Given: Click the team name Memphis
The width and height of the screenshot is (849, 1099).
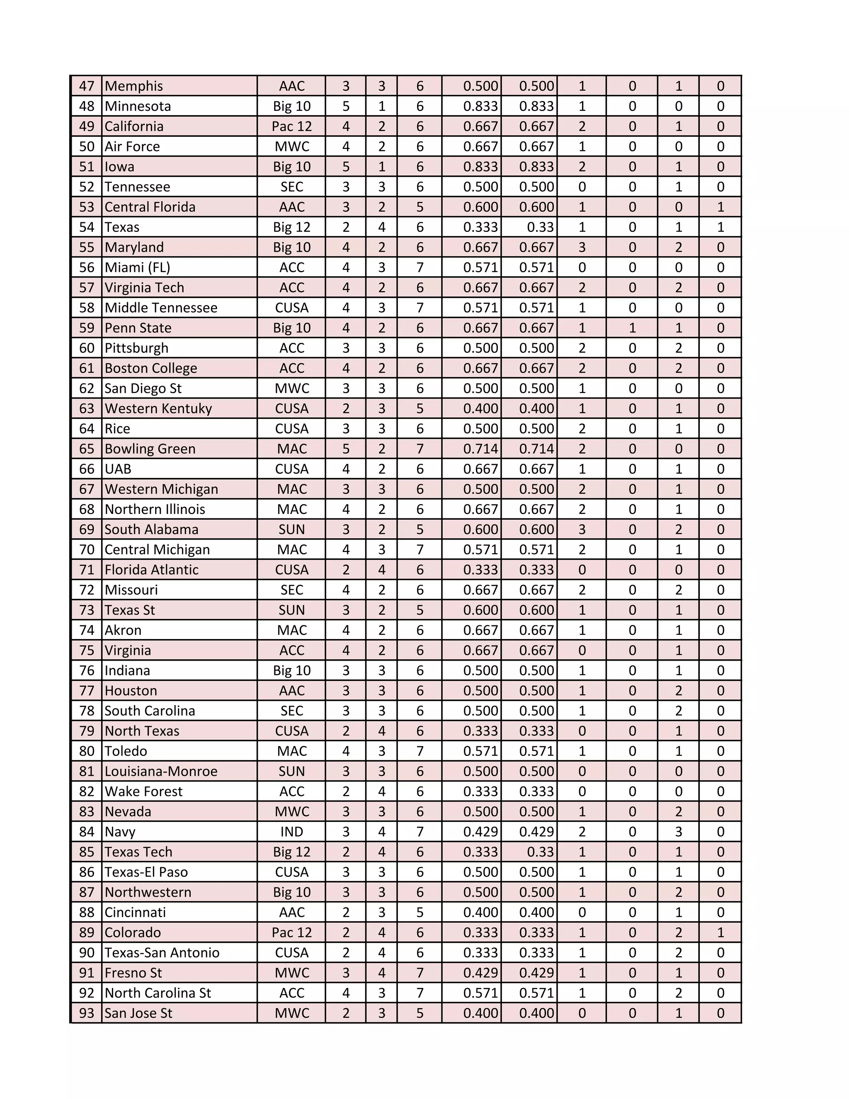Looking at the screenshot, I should coord(134,86).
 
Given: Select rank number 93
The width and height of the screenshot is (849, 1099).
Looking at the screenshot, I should coord(87,1013).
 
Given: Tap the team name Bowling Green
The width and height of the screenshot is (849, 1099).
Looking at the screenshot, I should coord(150,449).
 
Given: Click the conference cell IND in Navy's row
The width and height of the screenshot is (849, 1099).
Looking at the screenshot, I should coord(292,832).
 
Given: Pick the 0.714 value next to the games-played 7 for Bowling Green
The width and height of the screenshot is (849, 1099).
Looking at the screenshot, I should coord(480,449).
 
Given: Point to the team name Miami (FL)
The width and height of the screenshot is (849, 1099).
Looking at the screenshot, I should coord(137,267).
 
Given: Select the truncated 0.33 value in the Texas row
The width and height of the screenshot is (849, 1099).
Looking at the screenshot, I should coord(540,227).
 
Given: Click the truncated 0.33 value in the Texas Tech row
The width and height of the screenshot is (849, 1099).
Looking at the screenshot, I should coord(540,852).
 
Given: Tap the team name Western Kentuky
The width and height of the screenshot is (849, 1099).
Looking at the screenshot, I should coord(158,408).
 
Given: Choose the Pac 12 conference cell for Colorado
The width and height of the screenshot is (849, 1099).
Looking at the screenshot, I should coord(292,932).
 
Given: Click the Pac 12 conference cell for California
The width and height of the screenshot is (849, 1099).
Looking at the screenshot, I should coord(292,126).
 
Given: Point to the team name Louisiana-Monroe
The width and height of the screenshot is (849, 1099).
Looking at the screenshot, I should coord(161,771).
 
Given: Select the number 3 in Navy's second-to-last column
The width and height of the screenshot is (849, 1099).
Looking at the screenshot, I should coord(678,832).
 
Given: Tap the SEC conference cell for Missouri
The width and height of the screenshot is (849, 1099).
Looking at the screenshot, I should coord(292,590).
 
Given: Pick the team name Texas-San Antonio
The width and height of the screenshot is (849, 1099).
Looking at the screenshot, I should coord(162,953).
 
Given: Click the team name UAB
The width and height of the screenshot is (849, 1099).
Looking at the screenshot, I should coord(118,469).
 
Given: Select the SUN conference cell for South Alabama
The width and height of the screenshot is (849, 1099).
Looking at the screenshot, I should coord(292,529).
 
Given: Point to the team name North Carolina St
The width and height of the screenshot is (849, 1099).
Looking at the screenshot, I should coord(158,993).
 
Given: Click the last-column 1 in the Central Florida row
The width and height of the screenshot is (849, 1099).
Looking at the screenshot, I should coord(720,207).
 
